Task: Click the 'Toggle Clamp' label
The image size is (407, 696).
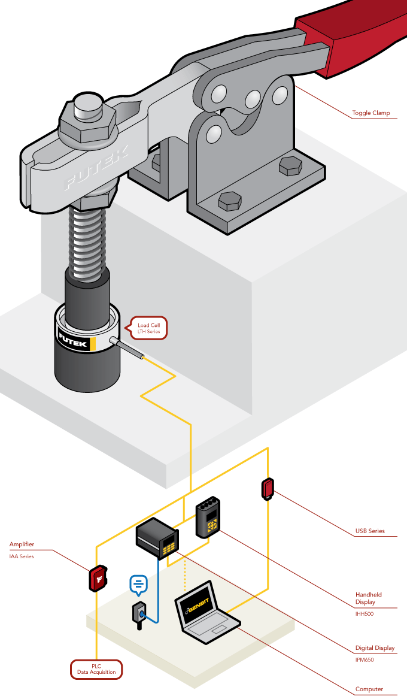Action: [x=370, y=113]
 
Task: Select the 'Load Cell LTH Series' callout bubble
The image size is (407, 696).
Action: [x=145, y=328]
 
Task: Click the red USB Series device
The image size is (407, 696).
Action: [x=268, y=489]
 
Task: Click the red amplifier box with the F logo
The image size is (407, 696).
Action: [x=98, y=579]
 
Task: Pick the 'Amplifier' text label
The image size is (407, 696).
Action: [x=22, y=544]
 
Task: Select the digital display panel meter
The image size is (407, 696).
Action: [x=157, y=539]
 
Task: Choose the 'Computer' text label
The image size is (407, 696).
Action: [x=369, y=689]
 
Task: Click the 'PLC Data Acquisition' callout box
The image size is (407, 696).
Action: [x=97, y=670]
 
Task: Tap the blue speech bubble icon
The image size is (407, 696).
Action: [x=138, y=584]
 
